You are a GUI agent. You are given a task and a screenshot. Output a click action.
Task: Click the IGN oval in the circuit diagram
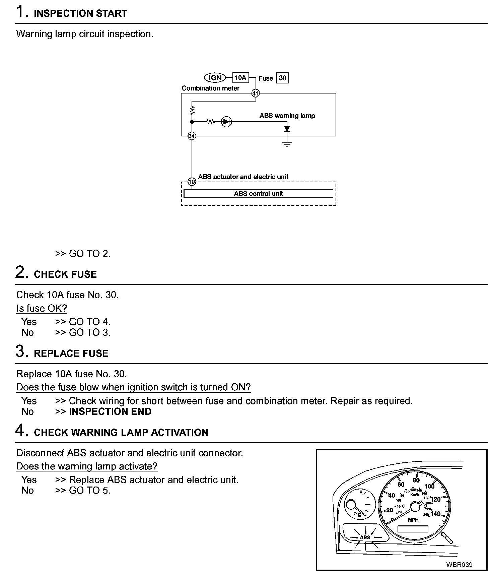[x=215, y=78]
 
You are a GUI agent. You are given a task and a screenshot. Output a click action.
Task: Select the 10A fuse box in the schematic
[x=240, y=78]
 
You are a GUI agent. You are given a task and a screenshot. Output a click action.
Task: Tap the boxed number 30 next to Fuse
[x=282, y=78]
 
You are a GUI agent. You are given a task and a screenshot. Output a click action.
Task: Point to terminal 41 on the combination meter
[x=255, y=93]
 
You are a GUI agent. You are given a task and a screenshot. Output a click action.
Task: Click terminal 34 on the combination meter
[x=192, y=136]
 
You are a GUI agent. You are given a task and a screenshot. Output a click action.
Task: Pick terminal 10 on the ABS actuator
[x=192, y=182]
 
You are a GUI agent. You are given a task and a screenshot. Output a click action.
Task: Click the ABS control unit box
[x=258, y=194]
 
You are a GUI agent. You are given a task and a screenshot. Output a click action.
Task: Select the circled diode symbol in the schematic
[x=227, y=122]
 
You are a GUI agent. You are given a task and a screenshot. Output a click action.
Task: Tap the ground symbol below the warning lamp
[x=287, y=144]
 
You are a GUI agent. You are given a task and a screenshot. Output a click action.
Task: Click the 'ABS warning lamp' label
[x=287, y=116]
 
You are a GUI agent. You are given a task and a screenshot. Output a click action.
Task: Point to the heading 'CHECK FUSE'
[x=65, y=274]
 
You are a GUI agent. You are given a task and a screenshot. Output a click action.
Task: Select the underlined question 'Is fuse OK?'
[x=42, y=308]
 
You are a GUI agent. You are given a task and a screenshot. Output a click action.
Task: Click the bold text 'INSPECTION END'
[x=110, y=411]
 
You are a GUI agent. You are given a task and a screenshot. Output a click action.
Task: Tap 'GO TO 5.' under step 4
[x=89, y=491]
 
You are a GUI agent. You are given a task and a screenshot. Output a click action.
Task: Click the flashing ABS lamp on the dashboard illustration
[x=365, y=537]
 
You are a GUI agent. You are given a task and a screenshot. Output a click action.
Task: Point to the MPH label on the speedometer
[x=413, y=520]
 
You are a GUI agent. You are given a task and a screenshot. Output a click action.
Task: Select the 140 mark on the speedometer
[x=435, y=514]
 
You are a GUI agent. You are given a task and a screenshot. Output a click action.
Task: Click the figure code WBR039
[x=459, y=565]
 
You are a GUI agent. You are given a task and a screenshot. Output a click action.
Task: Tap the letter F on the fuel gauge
[x=361, y=493]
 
